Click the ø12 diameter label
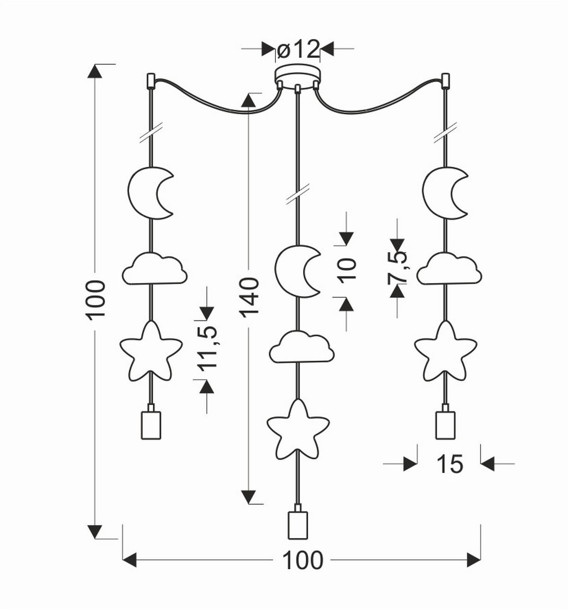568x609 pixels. (x=298, y=49)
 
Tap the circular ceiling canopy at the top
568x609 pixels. (x=298, y=75)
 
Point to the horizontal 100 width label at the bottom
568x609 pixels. (x=303, y=560)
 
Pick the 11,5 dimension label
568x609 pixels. (x=206, y=347)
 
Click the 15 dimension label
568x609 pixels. (x=449, y=464)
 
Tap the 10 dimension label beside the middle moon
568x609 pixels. (x=347, y=270)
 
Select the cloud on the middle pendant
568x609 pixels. (x=302, y=347)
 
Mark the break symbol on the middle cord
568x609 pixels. (x=298, y=194)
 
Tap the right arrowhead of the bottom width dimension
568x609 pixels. (x=473, y=560)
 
